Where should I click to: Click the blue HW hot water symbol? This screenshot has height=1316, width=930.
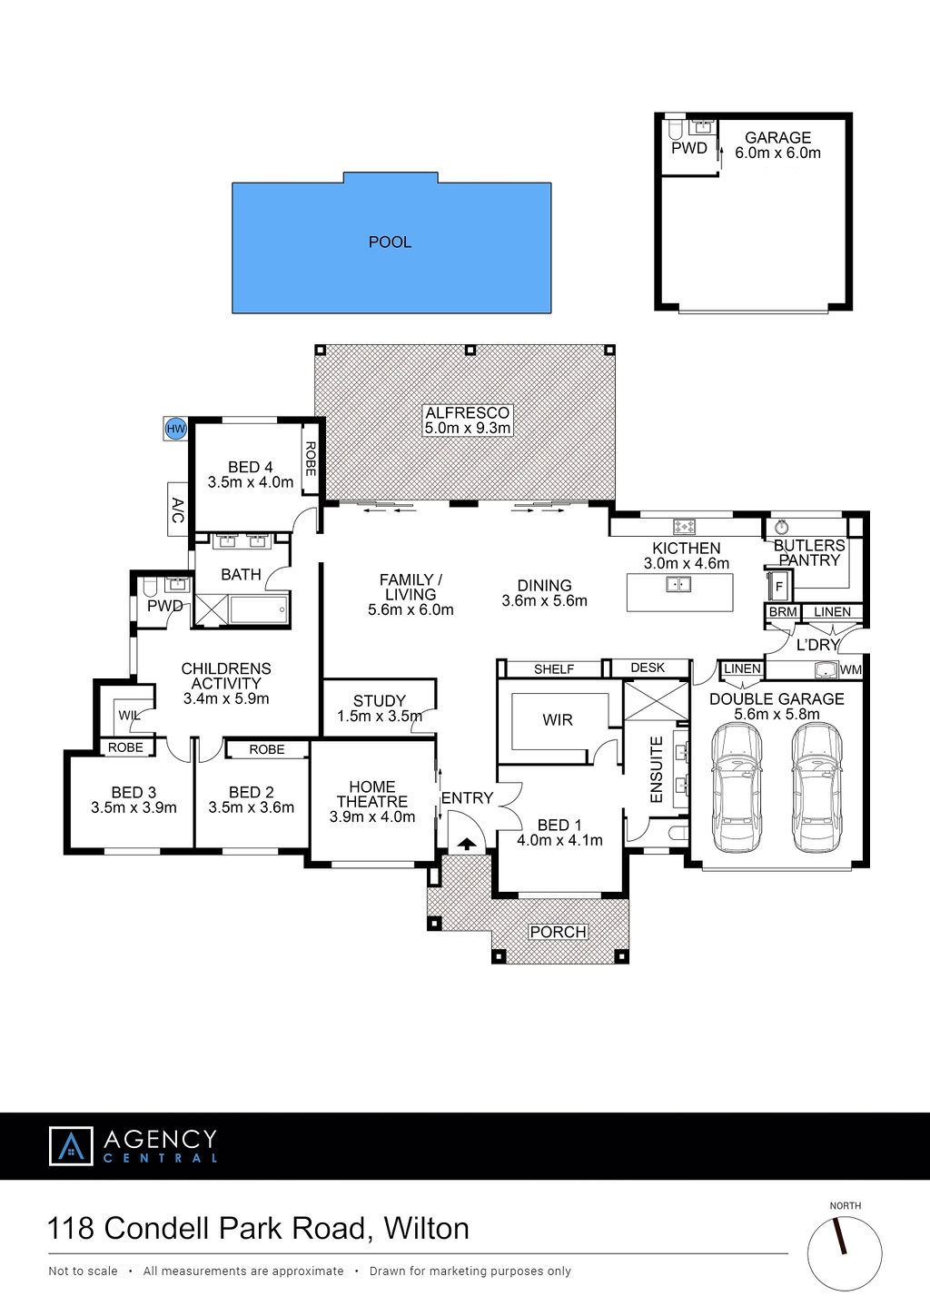175,429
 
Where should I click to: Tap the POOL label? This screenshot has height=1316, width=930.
390,242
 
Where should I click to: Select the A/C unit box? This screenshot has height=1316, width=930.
177,509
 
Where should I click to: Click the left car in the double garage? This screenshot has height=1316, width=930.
737,788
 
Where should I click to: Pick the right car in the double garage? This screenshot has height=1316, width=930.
817,788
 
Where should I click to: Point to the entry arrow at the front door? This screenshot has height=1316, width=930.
467,845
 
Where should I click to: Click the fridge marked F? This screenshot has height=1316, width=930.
779,587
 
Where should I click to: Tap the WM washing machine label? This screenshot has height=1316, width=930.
851,669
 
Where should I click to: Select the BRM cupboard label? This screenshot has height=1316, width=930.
783,611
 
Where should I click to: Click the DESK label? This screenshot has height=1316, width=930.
648,668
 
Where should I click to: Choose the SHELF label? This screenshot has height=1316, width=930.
554,669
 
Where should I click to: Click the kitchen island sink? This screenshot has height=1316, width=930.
678,585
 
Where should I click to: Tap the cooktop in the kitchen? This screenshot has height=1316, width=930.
684,527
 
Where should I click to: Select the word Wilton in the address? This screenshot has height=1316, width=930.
427,1229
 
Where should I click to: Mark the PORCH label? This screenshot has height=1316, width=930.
558,933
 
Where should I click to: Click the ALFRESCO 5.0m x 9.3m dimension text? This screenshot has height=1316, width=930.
468,428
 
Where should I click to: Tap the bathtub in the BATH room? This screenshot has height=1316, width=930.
259,609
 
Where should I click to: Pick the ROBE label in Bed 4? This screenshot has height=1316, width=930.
311,459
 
